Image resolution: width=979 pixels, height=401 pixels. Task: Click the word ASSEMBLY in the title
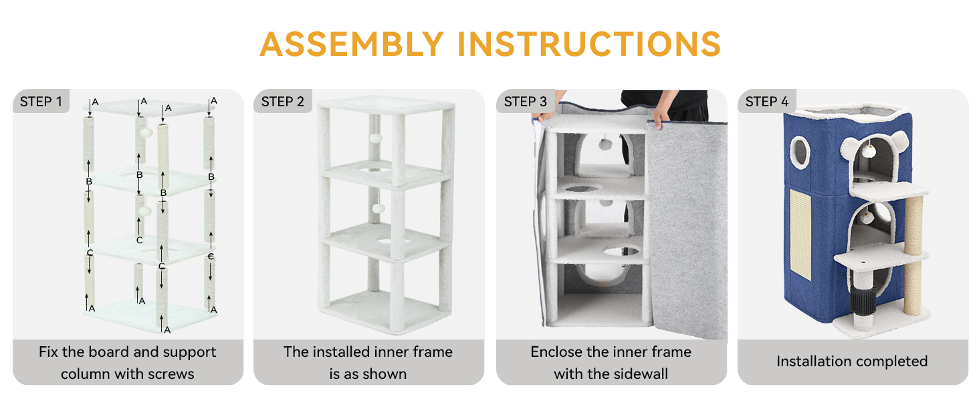[x=352, y=44]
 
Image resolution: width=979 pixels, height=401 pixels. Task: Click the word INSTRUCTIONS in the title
[x=589, y=44]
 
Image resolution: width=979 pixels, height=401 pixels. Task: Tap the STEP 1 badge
[x=41, y=102]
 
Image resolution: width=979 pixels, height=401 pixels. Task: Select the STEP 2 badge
[x=282, y=102]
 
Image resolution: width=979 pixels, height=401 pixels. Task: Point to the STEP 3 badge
[x=526, y=102]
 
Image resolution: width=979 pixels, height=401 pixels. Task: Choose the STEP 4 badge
[x=767, y=102]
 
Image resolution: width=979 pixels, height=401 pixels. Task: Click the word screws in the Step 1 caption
[x=171, y=374]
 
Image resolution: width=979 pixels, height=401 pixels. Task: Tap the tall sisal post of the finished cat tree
[x=913, y=255]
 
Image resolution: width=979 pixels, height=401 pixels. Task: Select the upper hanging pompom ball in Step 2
[x=375, y=138]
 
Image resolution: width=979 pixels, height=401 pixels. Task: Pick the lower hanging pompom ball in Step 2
[x=378, y=208]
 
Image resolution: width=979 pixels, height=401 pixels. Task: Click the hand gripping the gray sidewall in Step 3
[x=659, y=117]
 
